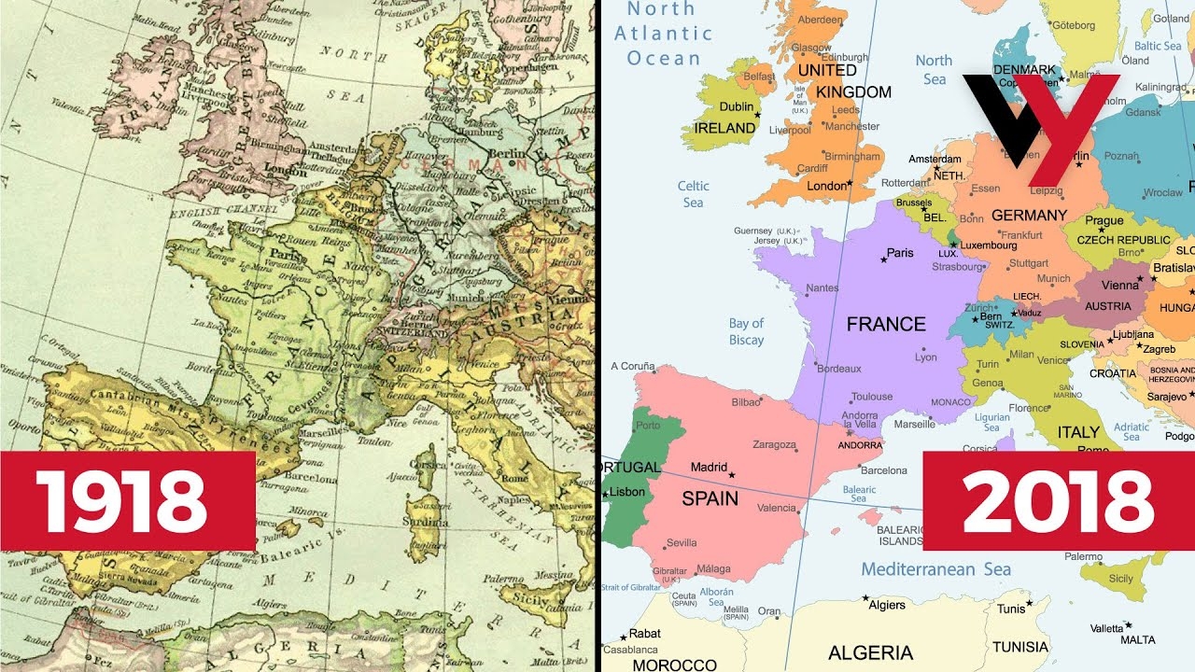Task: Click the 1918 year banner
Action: tap(127, 501)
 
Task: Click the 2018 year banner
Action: tap(1059, 501)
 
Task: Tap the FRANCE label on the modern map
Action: tap(886, 324)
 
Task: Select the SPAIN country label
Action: tap(710, 497)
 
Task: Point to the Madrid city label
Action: tap(709, 468)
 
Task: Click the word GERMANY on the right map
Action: tap(1029, 215)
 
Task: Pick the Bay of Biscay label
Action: tap(746, 332)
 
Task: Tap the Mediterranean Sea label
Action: tap(935, 569)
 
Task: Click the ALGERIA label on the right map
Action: tap(870, 652)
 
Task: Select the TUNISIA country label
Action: tap(1020, 647)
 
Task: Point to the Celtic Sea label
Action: tap(693, 194)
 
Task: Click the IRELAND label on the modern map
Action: tap(725, 128)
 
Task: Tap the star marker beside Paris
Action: tap(882, 259)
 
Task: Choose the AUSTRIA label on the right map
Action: tap(1108, 306)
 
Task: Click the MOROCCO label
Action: tap(674, 665)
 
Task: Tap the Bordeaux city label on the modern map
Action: tap(837, 369)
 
